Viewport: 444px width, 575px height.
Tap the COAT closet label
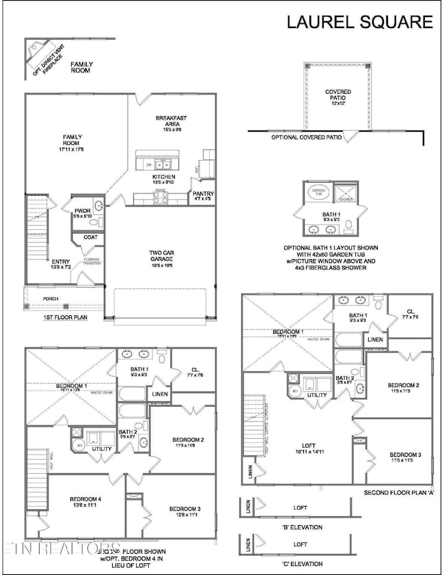click(89, 238)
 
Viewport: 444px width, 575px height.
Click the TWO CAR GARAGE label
click(164, 257)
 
